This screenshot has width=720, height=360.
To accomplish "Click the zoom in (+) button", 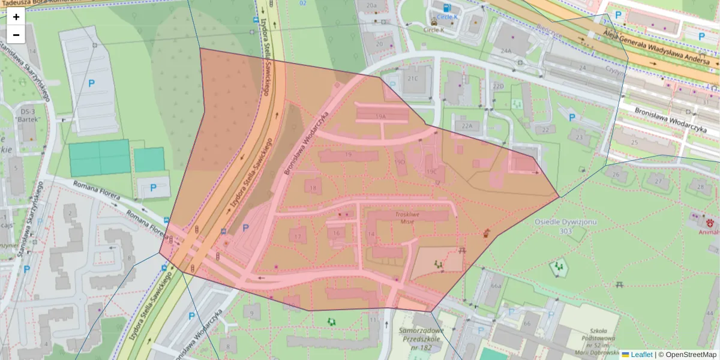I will [16, 17].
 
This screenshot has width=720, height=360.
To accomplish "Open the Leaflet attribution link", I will [641, 355].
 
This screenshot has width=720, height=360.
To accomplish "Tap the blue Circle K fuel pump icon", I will [448, 8].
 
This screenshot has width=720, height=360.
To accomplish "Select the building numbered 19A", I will [380, 116].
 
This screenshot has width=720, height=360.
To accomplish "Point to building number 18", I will [313, 188].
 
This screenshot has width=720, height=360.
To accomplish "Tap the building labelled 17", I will [298, 236].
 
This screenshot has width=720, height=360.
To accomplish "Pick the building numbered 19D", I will [400, 163].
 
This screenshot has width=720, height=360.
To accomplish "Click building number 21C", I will [413, 79].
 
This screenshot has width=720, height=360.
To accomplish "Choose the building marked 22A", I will [467, 126].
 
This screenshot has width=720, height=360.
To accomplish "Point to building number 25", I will [635, 142].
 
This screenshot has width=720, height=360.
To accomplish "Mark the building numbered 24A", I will [507, 51].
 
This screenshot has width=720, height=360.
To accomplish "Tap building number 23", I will [579, 137].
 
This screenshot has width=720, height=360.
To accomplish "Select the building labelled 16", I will [337, 233].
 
